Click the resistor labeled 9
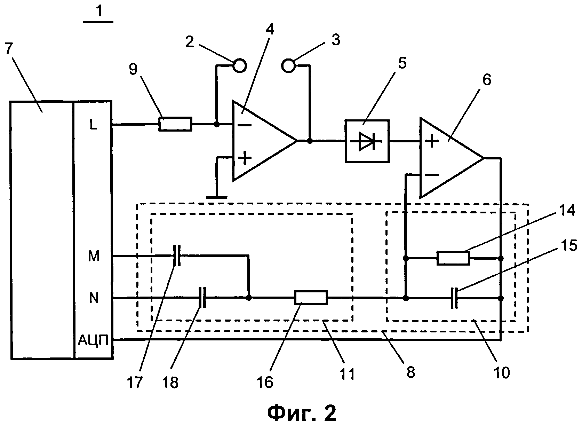[x=175, y=124]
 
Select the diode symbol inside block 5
[x=367, y=141]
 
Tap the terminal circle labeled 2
[x=239, y=66]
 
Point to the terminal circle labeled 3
[x=288, y=66]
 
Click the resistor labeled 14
[x=453, y=258]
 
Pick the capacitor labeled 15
[x=454, y=298]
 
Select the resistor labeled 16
[x=311, y=298]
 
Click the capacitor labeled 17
[x=177, y=256]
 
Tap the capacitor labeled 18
[x=202, y=297]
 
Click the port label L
[x=93, y=125]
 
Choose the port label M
[x=94, y=256]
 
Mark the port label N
[x=94, y=298]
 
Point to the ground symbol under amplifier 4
[x=217, y=198]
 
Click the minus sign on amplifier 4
[x=245, y=125]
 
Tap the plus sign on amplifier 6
[x=432, y=141]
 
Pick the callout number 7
[x=9, y=48]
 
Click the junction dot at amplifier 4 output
[x=310, y=141]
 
